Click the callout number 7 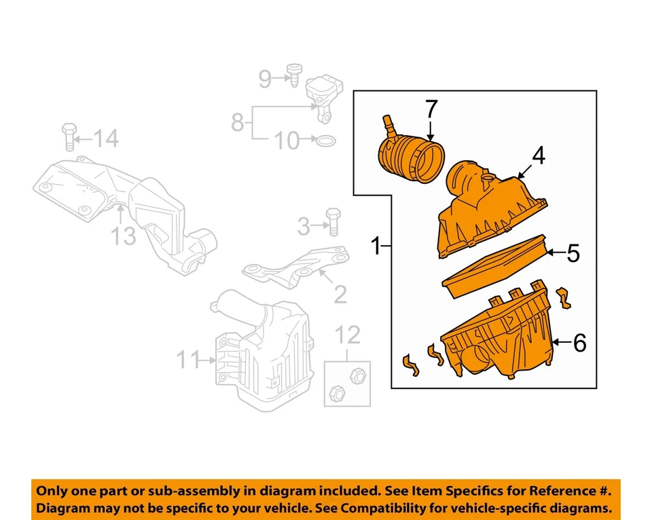(x=431, y=110)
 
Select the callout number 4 (x=538, y=157)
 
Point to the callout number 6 (x=579, y=343)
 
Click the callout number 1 (x=375, y=245)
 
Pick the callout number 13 (x=124, y=236)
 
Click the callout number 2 (x=339, y=293)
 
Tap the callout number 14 (x=105, y=139)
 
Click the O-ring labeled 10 (x=326, y=141)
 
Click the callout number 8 (x=237, y=123)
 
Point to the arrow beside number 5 (x=555, y=253)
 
